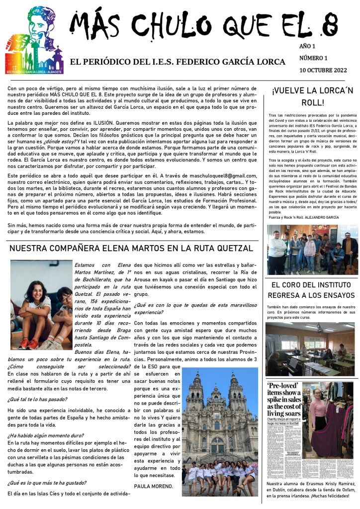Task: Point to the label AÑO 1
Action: point(308,46)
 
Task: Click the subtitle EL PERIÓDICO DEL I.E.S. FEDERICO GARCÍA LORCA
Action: point(178,62)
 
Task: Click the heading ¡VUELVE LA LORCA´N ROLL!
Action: point(312,96)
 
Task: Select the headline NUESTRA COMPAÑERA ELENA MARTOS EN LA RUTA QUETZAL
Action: point(131,248)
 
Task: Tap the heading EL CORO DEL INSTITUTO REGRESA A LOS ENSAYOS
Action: point(312,290)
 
